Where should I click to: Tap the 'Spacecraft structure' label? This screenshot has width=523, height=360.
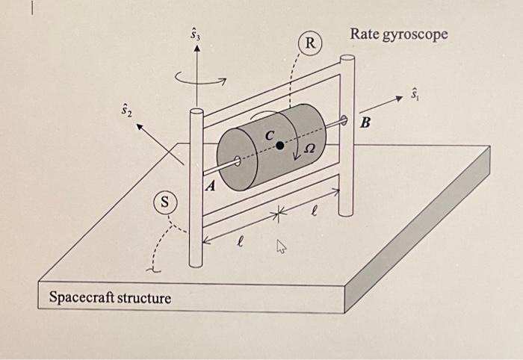pyautogui.click(x=110, y=298)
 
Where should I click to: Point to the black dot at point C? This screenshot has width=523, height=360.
pyautogui.click(x=280, y=146)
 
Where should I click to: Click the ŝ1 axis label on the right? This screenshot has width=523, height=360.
pyautogui.click(x=415, y=94)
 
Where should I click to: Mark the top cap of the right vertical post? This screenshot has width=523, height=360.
pyautogui.click(x=346, y=58)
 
